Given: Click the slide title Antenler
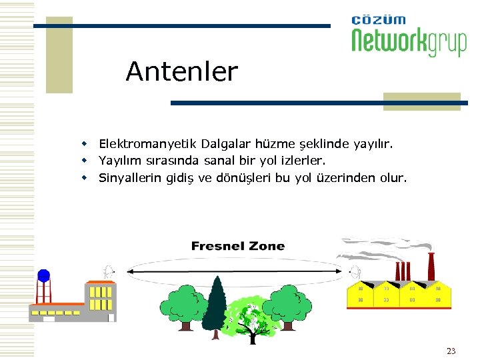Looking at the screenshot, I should pyautogui.click(x=181, y=71).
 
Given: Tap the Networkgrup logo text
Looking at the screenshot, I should pyautogui.click(x=409, y=41).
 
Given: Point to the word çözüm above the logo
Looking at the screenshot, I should pyautogui.click(x=378, y=20).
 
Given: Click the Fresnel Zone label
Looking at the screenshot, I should pyautogui.click(x=237, y=246).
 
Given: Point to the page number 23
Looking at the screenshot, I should pyautogui.click(x=451, y=351).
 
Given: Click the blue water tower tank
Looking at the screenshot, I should pyautogui.click(x=43, y=275).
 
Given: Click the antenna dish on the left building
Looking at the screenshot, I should pyautogui.click(x=108, y=271).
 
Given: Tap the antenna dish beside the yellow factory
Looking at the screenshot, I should pyautogui.click(x=355, y=271).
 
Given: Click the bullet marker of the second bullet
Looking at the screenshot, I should pyautogui.click(x=85, y=161).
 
